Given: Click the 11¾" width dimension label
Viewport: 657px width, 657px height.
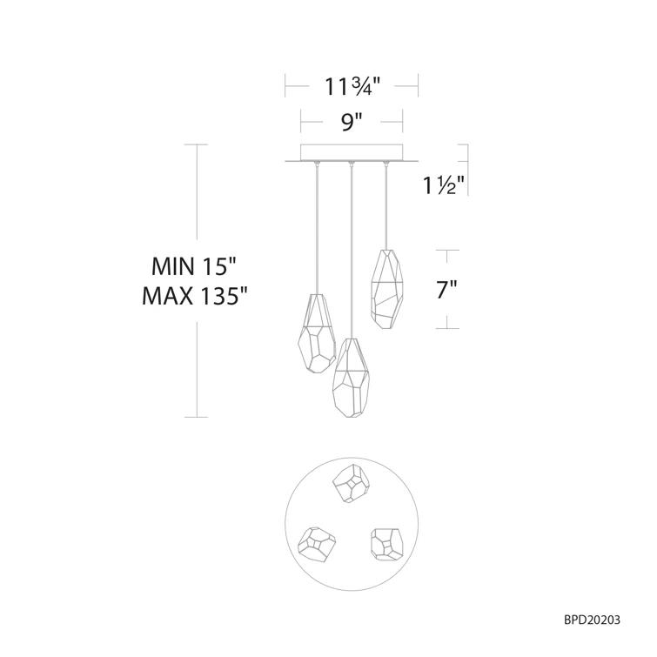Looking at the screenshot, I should pos(352,86).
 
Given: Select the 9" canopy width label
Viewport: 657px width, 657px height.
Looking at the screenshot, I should pos(352,123).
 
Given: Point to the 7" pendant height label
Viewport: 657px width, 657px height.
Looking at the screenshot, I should pos(446,291).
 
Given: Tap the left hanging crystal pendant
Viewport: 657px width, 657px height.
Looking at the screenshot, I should pos(315,335).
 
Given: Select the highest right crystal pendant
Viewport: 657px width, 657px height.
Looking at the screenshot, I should pos(388,290).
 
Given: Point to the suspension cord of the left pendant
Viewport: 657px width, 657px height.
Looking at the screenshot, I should pos(316,226).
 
